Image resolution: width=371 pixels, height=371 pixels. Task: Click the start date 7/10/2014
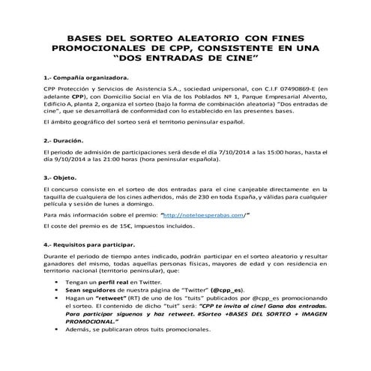tap(229, 153)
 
